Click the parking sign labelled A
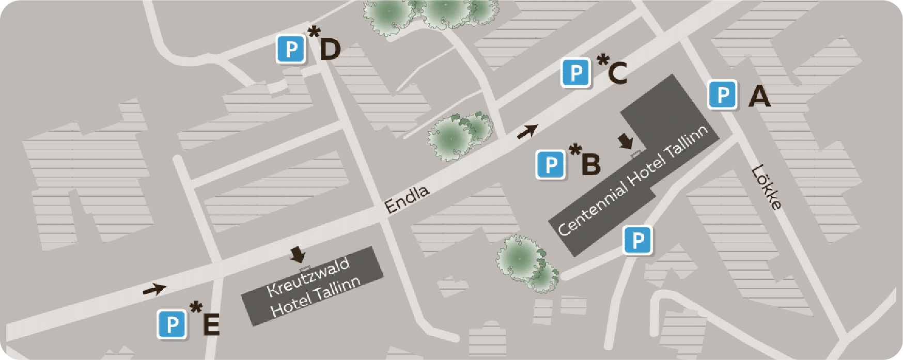click(722, 95)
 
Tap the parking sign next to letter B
click(551, 165)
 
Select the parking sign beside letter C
click(576, 73)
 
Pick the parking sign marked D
click(291, 50)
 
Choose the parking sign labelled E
click(172, 324)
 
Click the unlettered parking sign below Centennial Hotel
click(638, 240)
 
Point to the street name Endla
click(407, 199)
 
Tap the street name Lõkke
click(767, 187)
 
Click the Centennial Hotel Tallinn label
click(633, 180)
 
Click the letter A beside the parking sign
click(759, 96)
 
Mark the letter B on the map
click(591, 164)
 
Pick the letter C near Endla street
click(617, 73)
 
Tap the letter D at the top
click(330, 50)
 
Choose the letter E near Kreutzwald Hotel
click(211, 324)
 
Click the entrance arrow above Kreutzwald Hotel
click(298, 254)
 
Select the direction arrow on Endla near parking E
click(154, 289)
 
